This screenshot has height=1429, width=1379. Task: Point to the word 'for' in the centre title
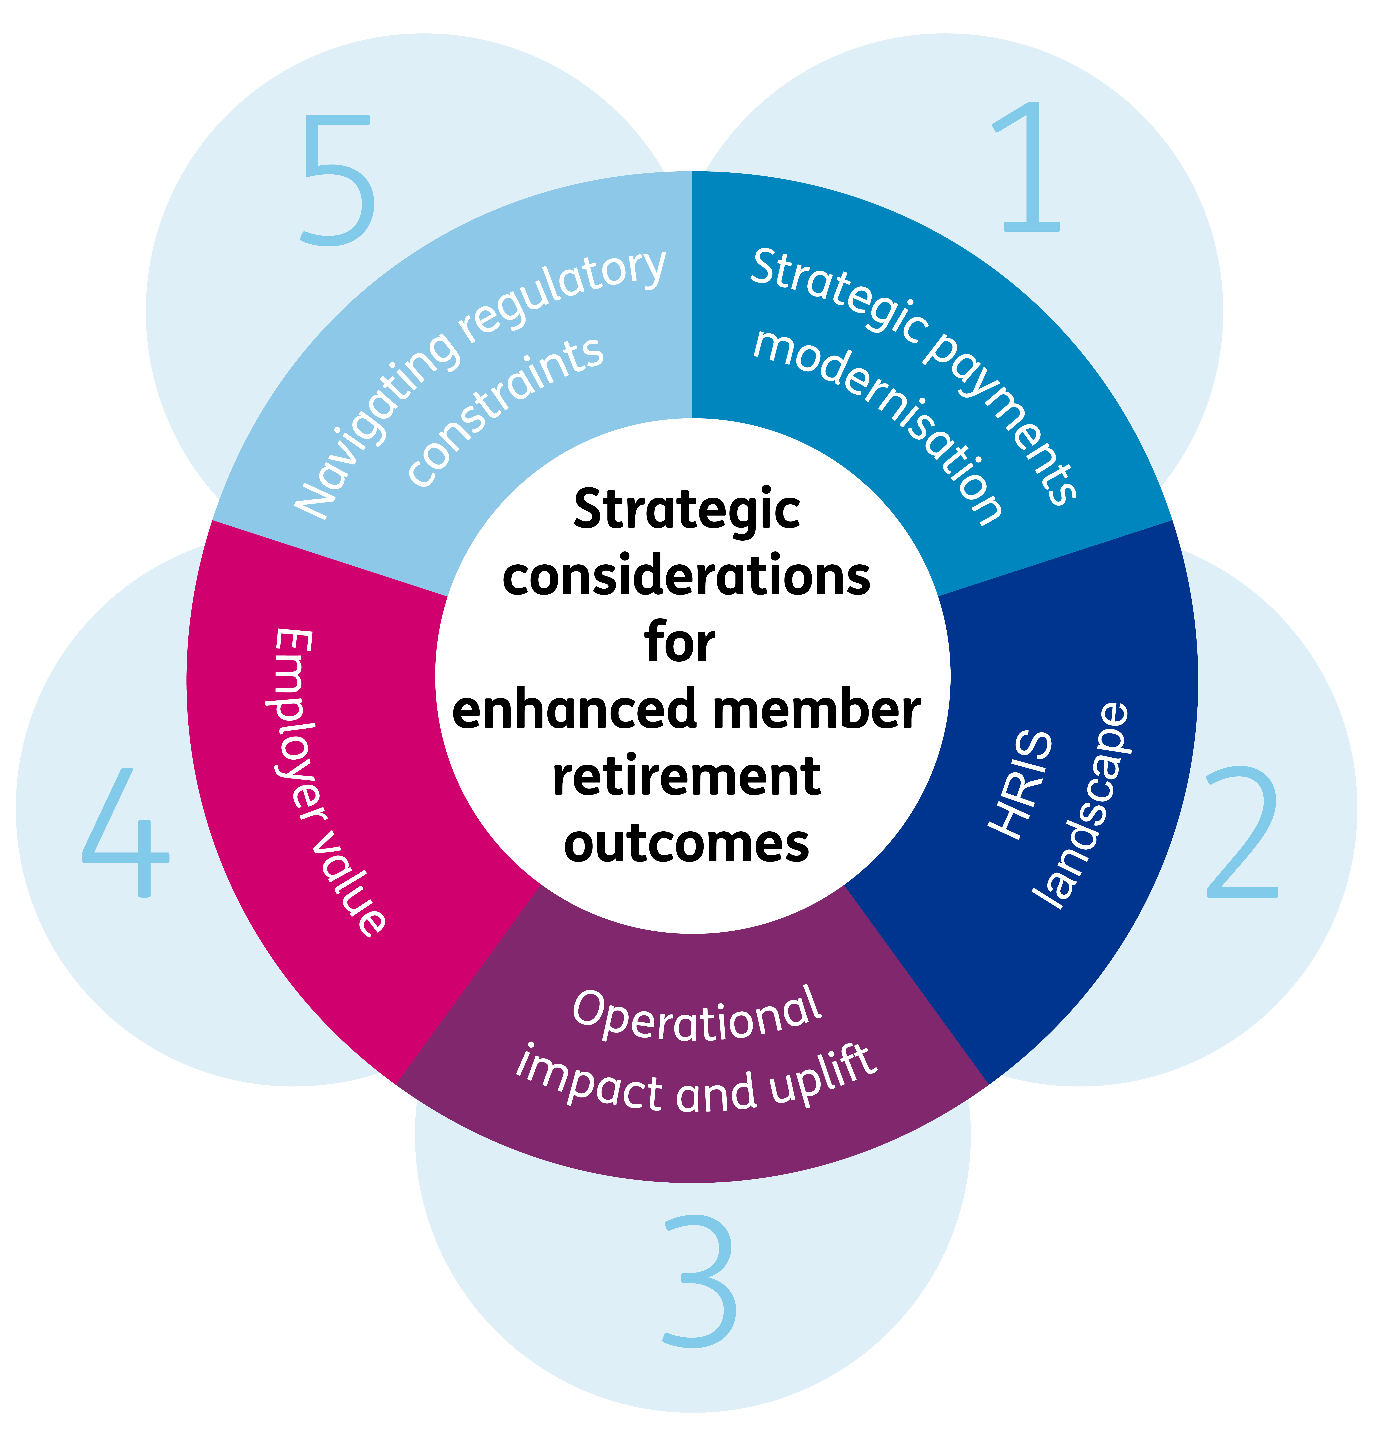[x=680, y=643]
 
